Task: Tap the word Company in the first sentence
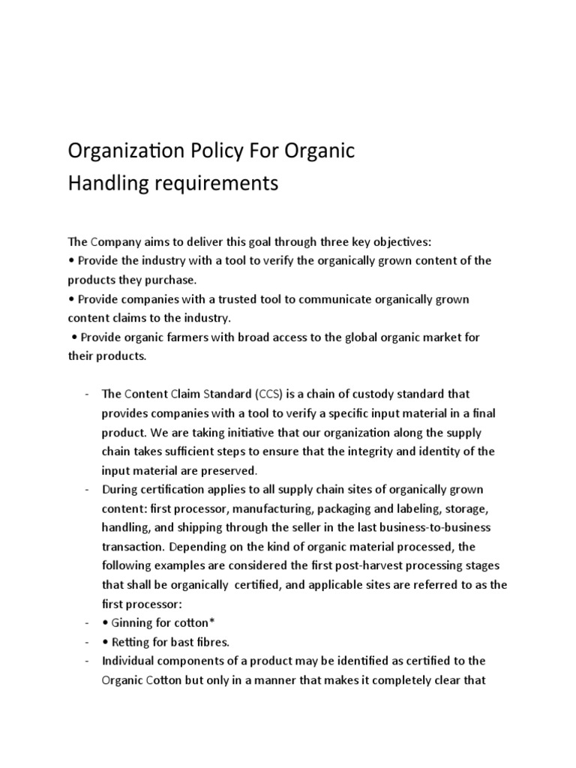[x=119, y=241]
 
